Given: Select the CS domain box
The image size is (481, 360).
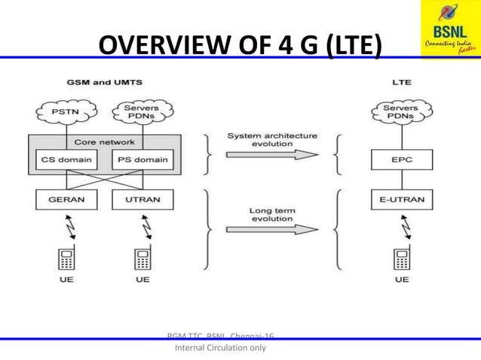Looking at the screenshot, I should [x=66, y=160].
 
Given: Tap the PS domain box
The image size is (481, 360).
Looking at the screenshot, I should [x=142, y=160].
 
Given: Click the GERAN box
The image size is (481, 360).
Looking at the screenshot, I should [x=66, y=200].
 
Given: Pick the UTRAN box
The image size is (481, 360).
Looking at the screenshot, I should [x=142, y=200].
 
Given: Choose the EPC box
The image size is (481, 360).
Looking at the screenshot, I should [x=401, y=160].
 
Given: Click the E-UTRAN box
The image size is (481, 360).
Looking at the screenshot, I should [x=401, y=200].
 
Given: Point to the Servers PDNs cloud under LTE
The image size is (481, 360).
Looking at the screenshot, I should [x=401, y=114].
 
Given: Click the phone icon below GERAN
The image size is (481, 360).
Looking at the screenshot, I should [x=66, y=259].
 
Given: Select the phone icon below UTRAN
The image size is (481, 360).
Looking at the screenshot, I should [x=142, y=259].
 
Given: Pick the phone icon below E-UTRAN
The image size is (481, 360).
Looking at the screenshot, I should [x=401, y=259].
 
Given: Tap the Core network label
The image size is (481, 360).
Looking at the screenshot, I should [x=105, y=142].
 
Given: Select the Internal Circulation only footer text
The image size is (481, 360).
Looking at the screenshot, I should [x=220, y=349].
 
